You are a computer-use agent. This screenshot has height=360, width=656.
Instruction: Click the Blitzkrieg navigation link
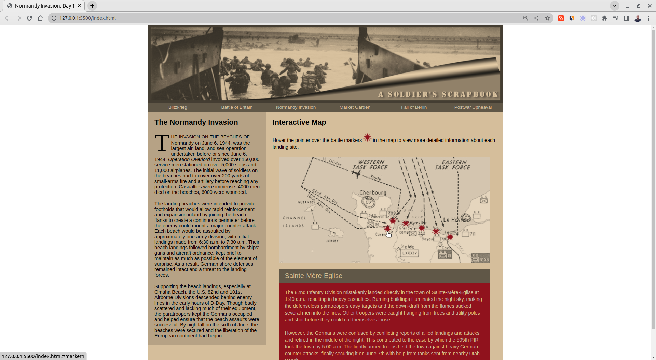tap(178, 107)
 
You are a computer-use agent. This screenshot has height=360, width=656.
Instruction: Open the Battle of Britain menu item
tap(236, 107)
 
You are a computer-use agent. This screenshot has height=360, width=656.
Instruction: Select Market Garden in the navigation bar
tap(355, 107)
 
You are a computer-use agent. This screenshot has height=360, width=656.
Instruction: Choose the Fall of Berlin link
tap(414, 107)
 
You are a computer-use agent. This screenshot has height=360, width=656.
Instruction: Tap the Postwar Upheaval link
tap(473, 107)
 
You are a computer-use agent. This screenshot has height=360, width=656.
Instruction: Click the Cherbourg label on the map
tap(373, 193)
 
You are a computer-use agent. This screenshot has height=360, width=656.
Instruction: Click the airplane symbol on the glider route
tap(357, 174)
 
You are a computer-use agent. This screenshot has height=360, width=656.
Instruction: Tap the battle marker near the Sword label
tap(450, 237)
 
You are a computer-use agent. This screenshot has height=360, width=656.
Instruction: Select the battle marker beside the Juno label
tap(436, 232)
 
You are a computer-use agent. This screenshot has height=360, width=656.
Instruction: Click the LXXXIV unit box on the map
tap(409, 253)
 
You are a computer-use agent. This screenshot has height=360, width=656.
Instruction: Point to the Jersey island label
tap(332, 241)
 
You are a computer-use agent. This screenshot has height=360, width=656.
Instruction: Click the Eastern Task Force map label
tap(453, 165)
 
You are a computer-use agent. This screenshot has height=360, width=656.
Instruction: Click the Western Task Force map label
tap(370, 165)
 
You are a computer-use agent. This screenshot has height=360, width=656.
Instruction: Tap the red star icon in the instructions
tap(367, 138)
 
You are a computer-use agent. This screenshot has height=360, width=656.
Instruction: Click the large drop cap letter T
tap(162, 143)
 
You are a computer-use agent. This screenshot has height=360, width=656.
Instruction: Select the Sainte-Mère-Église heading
tap(313, 276)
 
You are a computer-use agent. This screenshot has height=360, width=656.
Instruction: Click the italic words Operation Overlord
tap(189, 159)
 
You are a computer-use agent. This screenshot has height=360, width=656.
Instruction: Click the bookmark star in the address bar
tap(547, 18)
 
